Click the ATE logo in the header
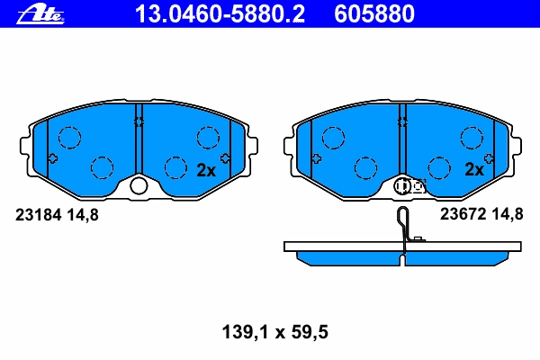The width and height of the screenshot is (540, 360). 40,13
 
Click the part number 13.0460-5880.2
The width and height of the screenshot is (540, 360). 220,13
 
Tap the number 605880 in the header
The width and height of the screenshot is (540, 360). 374,13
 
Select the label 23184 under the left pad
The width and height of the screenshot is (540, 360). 38,215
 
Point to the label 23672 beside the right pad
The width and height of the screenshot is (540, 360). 463,214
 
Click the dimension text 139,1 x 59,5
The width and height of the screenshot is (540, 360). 274,332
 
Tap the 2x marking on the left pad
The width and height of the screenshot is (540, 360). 206,170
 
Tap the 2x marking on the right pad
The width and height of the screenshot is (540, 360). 474,169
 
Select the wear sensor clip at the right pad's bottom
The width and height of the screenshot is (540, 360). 409,186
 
